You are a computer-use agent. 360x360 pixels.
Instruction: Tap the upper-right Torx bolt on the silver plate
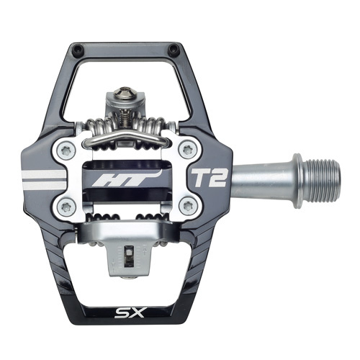click(189, 149)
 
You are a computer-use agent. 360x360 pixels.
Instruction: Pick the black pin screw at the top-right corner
click(173, 50)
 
